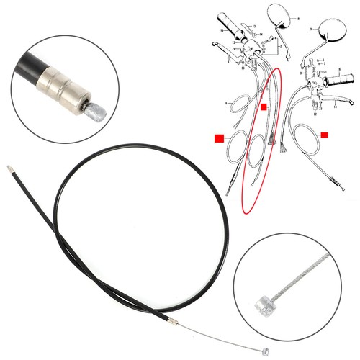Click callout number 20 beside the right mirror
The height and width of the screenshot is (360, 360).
click(x=311, y=30)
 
